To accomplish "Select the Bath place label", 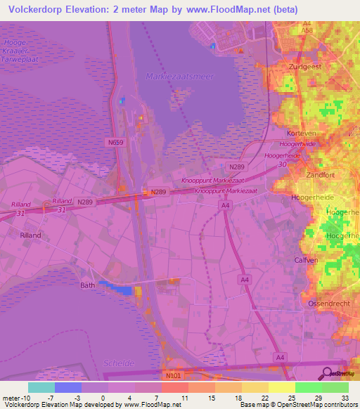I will tap(87, 285).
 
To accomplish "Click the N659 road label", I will tap(115, 142).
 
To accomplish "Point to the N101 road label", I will tap(172, 377).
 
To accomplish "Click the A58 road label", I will tap(307, 32).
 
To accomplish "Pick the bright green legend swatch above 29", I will tap(308, 387).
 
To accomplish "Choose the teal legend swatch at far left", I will tap(41, 387).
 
